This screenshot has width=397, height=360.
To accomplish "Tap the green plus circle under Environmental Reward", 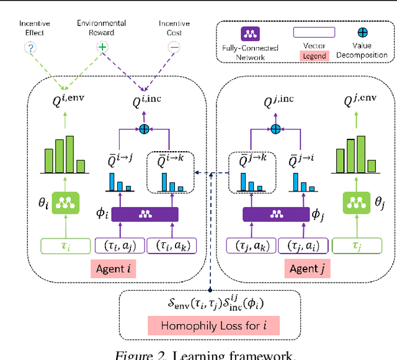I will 101,47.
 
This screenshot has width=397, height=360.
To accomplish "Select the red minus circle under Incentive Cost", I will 174,47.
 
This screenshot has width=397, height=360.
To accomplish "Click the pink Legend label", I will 314,56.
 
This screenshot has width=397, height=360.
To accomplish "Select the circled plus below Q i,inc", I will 146,128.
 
